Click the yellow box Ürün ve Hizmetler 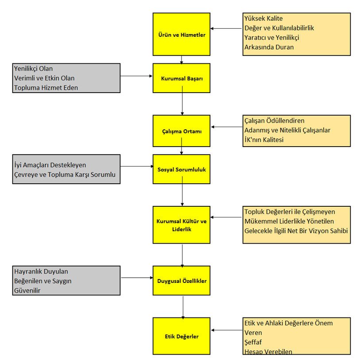coord(181,34)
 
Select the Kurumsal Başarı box coord(181,78)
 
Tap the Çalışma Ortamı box coord(181,131)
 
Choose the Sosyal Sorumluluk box coord(181,169)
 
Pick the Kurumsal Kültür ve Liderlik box coord(181,225)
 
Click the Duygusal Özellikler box coord(181,280)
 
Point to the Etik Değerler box coord(181,336)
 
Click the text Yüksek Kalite coord(263,18)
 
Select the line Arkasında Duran coord(269,47)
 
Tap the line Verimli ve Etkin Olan coord(44,78)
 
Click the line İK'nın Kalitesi coord(264,139)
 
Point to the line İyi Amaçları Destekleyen coord(50,165)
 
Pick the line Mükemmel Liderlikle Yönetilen coord(289,221)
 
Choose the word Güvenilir coord(27,290)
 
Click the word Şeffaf coord(253,342)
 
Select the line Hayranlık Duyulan coord(41,271)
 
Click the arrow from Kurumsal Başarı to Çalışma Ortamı coord(182,101)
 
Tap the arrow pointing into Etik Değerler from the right coord(227,330)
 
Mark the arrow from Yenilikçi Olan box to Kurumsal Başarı coord(136,76)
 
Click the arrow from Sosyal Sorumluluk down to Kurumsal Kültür coord(182,191)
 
